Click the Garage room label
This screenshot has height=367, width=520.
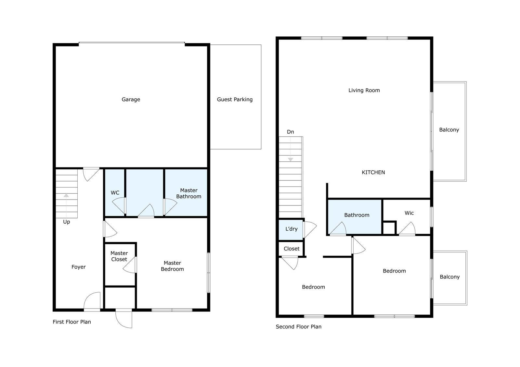[131, 100]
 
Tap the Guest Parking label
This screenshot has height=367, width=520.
[235, 100]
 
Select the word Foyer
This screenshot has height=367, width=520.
[78, 267]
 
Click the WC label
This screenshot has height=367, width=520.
[115, 193]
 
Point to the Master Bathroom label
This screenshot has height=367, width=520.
[189, 193]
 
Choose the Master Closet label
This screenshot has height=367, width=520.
[119, 256]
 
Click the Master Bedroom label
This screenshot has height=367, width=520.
[172, 266]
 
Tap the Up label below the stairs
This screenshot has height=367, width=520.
[66, 222]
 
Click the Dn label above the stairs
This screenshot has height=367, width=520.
[291, 132]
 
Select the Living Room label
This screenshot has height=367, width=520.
[364, 91]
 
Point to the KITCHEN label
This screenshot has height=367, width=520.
[373, 172]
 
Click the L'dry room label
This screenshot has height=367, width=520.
[291, 229]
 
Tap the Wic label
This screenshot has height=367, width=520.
[409, 213]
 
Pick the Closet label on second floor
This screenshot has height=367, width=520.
[292, 249]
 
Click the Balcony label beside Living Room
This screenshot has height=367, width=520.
[449, 130]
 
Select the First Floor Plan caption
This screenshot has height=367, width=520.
[72, 322]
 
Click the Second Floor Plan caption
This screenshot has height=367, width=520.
[299, 327]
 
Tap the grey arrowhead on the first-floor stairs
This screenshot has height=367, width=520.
[66, 195]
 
